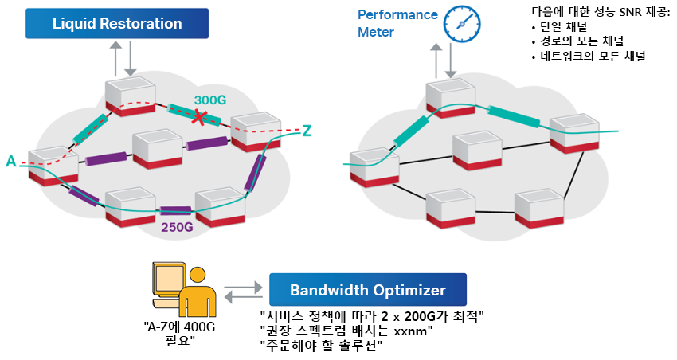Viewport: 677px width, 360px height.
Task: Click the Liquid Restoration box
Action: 117,23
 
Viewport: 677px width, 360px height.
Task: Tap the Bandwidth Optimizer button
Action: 368,290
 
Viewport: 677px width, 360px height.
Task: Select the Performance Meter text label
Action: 397,23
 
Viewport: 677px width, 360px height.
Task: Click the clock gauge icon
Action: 462,24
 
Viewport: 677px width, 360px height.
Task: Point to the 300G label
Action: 210,100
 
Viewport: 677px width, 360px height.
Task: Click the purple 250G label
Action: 177,227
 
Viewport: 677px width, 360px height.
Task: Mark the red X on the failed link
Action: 198,117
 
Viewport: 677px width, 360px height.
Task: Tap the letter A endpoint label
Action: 11,162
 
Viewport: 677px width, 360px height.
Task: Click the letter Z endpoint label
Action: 307,131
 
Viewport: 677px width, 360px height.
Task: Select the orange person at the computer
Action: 184,290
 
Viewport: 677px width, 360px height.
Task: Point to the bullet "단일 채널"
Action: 560,27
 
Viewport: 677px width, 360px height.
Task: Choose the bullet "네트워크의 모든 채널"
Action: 589,56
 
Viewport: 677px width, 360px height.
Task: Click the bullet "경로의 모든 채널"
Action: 578,41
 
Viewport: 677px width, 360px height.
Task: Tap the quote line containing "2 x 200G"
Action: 372,316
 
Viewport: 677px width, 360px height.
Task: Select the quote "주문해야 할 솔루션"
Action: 321,346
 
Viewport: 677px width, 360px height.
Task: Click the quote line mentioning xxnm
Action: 346,331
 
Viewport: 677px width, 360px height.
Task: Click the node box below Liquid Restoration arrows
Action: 130,96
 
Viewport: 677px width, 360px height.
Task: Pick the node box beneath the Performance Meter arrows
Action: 450,99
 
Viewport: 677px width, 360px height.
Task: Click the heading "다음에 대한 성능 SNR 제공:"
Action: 601,12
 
